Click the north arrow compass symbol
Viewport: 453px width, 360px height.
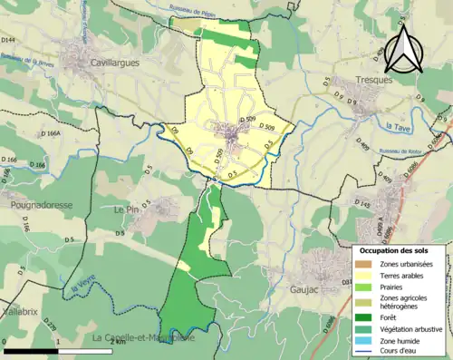point(403,50)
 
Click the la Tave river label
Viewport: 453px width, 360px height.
point(398,127)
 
